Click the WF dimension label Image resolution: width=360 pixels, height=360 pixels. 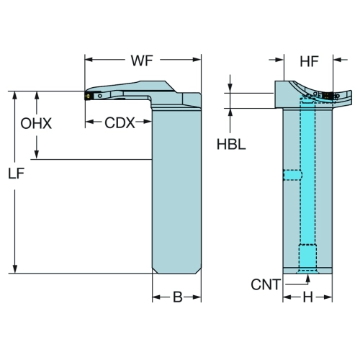point(142,60)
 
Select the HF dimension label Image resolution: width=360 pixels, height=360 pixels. point(309,61)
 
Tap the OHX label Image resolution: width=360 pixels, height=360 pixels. point(36,124)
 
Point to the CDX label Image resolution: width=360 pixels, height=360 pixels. point(120,123)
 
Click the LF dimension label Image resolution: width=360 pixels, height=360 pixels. point(17,174)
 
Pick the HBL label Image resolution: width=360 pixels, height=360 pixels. point(231,145)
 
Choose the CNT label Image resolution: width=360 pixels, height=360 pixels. point(266,284)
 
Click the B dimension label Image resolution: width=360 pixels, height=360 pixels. point(178,297)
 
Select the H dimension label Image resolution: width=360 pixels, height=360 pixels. point(308,297)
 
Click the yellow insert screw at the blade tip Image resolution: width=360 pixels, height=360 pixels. point(88,96)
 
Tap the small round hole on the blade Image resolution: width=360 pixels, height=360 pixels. point(100,96)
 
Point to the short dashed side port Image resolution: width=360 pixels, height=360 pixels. point(292,175)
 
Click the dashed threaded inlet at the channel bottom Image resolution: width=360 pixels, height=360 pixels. point(307,256)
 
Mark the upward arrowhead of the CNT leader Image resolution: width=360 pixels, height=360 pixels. point(308,279)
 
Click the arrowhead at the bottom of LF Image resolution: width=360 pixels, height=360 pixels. point(15,269)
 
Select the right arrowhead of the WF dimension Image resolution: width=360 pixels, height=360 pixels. point(197,60)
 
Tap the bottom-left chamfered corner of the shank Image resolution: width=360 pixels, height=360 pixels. point(155,271)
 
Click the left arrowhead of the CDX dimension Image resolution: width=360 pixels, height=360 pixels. point(89,122)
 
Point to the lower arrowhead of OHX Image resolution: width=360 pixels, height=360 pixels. point(37,155)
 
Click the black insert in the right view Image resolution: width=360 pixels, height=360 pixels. point(326,96)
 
